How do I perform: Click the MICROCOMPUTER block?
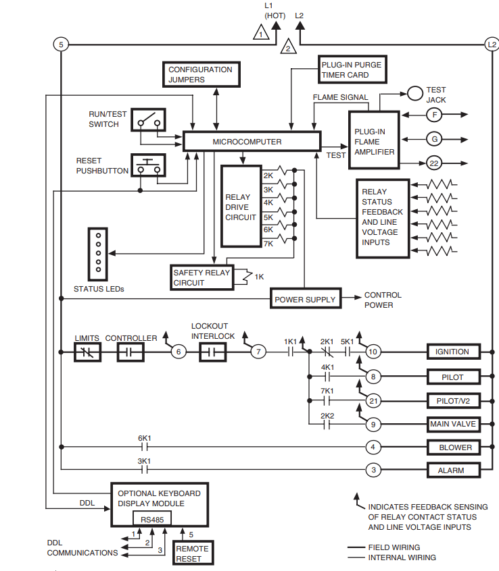[x=252, y=142]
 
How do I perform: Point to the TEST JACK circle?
[x=414, y=93]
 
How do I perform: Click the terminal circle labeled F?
[x=435, y=115]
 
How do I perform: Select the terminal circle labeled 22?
[x=435, y=163]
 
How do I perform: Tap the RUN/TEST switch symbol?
[x=149, y=119]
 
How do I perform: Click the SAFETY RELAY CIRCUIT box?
[x=201, y=277]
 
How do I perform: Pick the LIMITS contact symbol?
[x=87, y=352]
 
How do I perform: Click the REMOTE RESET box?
[x=193, y=553]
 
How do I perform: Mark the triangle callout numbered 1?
[x=260, y=32]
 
